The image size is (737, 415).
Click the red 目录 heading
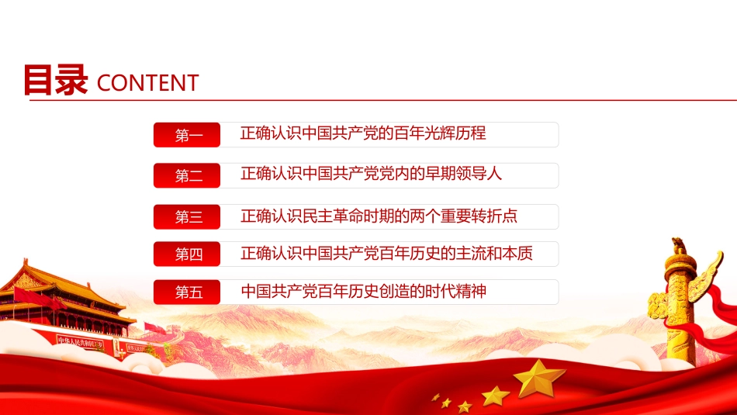55,81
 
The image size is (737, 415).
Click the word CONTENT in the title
148,83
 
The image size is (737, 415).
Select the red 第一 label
188,136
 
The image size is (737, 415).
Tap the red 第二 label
188,176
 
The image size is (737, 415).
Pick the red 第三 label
188,217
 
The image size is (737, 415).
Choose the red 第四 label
188,254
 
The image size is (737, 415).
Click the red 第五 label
188,292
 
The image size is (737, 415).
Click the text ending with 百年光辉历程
363,133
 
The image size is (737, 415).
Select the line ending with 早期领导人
371,174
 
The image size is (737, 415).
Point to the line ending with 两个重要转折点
379,215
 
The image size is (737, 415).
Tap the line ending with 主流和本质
386,253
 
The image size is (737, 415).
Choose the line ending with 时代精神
363,292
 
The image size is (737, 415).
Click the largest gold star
540,378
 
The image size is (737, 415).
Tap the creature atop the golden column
679,246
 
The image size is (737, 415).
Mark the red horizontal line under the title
465,101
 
